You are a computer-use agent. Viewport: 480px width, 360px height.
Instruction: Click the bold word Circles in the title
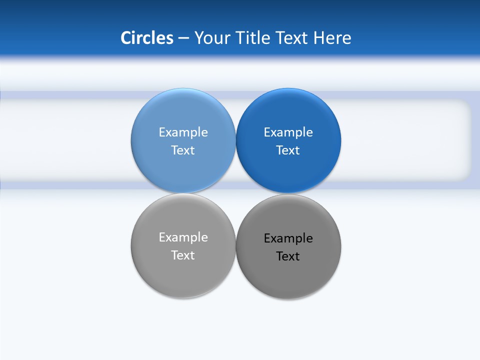pyautogui.click(x=147, y=38)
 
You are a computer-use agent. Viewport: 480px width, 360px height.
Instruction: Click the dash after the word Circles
pyautogui.click(x=183, y=38)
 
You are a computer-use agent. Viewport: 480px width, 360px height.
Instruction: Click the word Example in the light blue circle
pyautogui.click(x=183, y=132)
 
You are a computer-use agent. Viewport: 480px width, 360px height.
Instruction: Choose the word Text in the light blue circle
pyautogui.click(x=183, y=150)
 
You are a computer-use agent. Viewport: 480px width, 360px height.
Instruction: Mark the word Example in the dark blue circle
pyautogui.click(x=288, y=132)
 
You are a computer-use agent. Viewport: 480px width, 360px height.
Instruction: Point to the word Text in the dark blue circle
pyautogui.click(x=288, y=150)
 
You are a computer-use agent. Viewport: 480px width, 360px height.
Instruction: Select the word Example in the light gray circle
pyautogui.click(x=183, y=237)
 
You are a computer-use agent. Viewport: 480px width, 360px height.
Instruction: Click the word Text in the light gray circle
pyautogui.click(x=183, y=255)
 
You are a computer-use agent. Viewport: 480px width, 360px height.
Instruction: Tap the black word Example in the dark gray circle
pyautogui.click(x=288, y=238)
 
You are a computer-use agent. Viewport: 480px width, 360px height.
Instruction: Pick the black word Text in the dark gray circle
pyautogui.click(x=288, y=256)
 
